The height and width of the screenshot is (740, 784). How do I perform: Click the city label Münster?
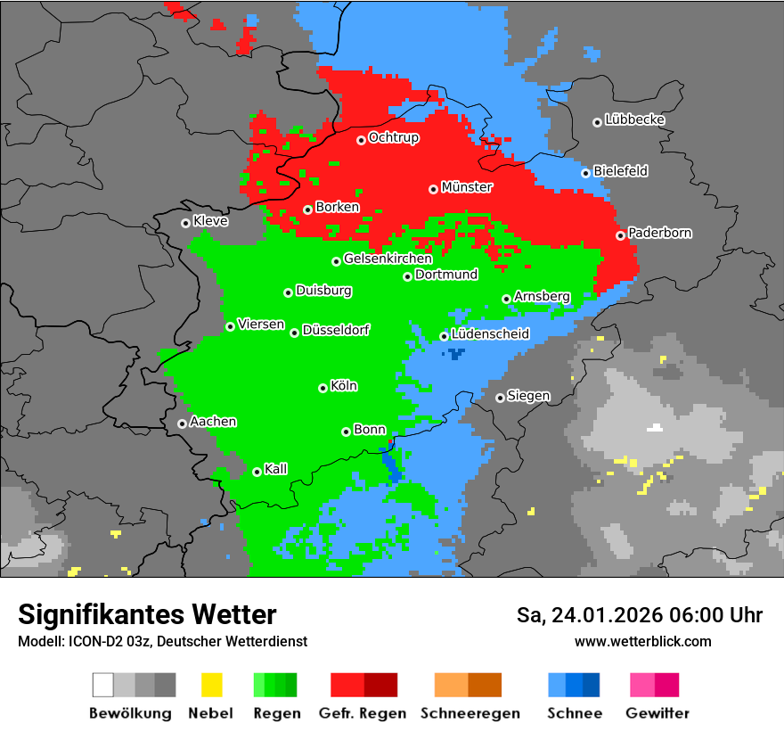pos(467,187)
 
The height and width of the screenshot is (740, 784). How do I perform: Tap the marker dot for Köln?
pos(323,388)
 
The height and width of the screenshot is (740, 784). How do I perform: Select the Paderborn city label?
pos(659,233)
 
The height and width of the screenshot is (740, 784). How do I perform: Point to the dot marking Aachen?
pos(183,423)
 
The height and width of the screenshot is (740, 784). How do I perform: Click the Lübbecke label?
pos(634,119)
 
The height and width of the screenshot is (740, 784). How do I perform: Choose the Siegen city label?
pos(528,396)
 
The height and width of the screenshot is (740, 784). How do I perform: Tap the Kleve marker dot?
pos(186,223)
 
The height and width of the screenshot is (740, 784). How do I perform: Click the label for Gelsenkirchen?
pos(388,259)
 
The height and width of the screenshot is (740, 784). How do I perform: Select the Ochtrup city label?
pos(393,137)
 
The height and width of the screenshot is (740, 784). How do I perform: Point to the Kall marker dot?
pos(257,472)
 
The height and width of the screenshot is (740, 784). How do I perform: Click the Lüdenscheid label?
pos(490,333)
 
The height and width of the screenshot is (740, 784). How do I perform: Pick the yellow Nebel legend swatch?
pos(212,685)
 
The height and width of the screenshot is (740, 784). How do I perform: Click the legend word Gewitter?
pos(657,713)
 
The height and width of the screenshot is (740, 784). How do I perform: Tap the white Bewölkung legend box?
pos(103,685)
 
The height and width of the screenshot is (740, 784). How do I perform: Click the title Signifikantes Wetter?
pos(147,614)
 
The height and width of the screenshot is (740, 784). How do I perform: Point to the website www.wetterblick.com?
pos(642,641)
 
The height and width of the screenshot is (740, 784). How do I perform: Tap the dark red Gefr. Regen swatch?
pos(380,685)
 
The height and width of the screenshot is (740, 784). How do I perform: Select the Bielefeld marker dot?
pos(586,173)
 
